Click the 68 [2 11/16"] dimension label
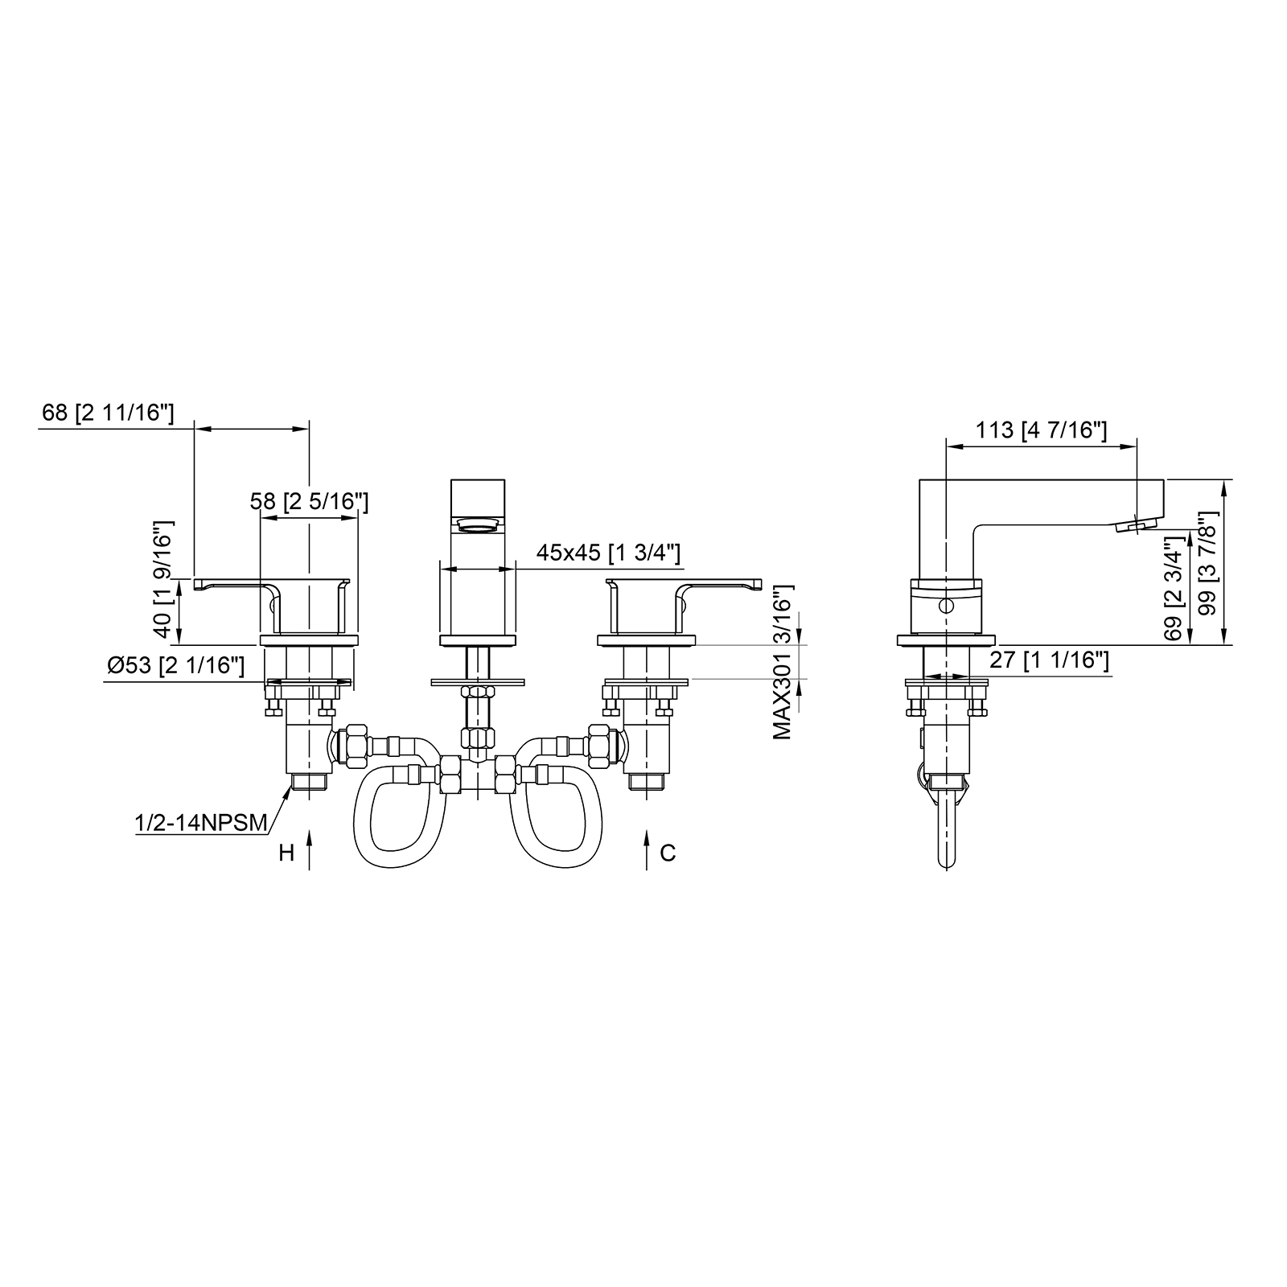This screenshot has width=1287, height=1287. click(107, 413)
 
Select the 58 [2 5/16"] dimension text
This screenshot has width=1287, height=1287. click(309, 501)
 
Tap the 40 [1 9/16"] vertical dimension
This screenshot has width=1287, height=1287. click(163, 580)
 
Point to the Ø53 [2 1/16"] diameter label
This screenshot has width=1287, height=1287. click(175, 666)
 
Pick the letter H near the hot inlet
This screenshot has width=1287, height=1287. click(286, 853)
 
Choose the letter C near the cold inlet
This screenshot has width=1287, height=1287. click(668, 853)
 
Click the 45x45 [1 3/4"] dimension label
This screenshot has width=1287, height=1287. click(609, 553)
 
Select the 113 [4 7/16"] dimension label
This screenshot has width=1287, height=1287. click(1042, 430)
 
